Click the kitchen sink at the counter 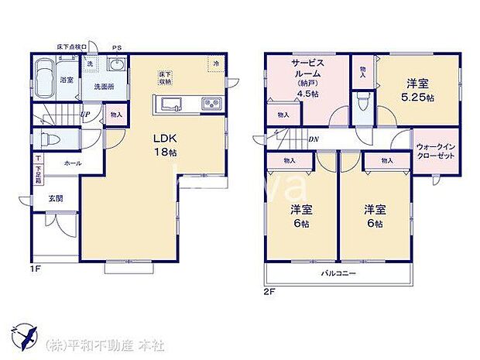click(169, 105)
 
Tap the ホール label click(72, 163)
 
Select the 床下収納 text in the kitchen click(165, 77)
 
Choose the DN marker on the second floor click(313, 140)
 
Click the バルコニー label click(338, 274)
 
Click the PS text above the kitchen click(117, 48)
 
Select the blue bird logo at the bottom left click(26, 335)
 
